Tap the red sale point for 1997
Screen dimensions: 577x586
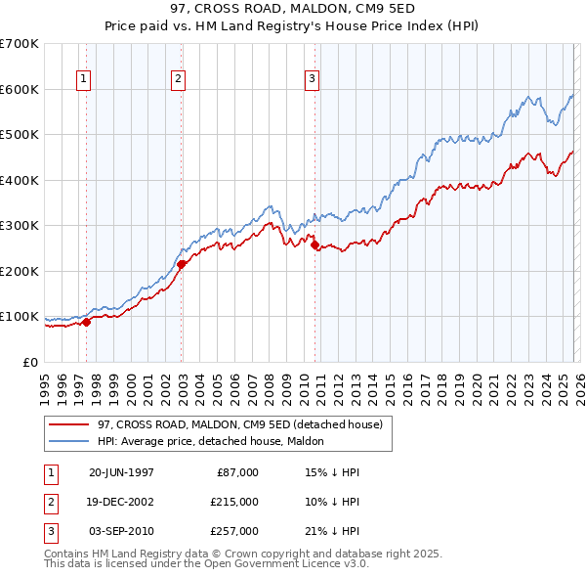pos(87,322)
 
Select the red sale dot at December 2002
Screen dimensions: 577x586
pos(182,263)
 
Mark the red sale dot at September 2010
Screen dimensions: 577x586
pos(314,245)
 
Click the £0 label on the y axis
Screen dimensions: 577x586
pos(28,363)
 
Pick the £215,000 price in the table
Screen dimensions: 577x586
pos(233,502)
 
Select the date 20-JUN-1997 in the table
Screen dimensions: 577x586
pos(121,472)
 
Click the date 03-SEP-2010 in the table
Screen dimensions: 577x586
pos(121,531)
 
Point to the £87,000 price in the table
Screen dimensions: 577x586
pos(237,472)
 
